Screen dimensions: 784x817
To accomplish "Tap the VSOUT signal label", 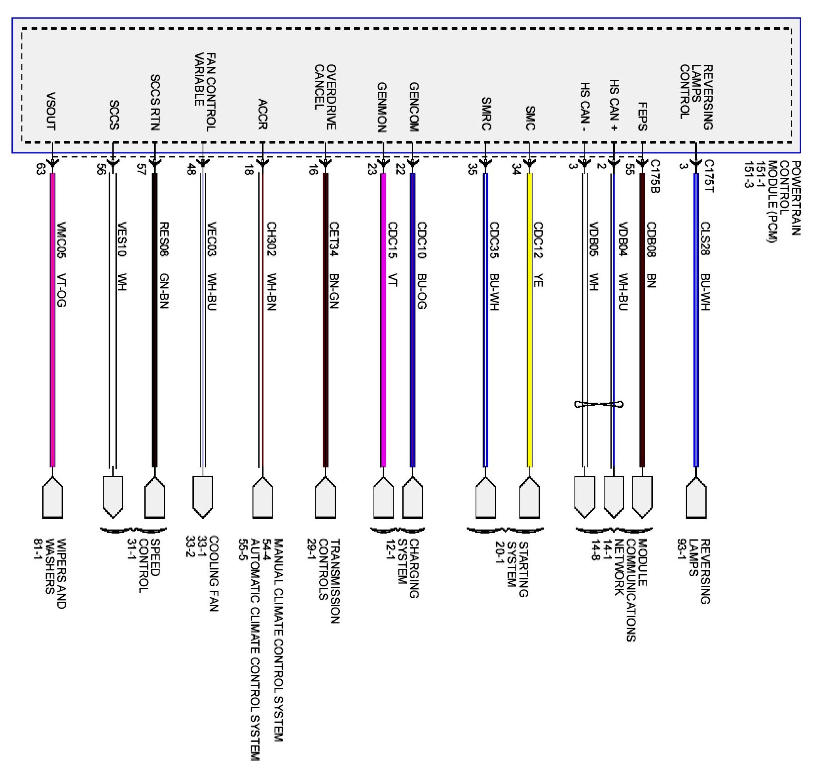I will click(50, 111).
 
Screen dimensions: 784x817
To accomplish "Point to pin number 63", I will click(40, 169).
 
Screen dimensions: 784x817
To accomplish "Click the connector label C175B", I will click(655, 177).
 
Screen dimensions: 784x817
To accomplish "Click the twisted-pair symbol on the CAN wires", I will click(599, 404).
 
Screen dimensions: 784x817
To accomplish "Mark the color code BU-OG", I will click(421, 291).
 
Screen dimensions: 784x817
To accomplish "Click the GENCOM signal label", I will click(413, 107).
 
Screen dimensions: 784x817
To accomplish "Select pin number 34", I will click(516, 169).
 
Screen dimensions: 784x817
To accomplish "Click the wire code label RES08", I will click(164, 238).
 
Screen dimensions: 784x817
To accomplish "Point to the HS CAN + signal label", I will click(614, 106).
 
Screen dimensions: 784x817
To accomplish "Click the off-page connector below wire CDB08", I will click(642, 497).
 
